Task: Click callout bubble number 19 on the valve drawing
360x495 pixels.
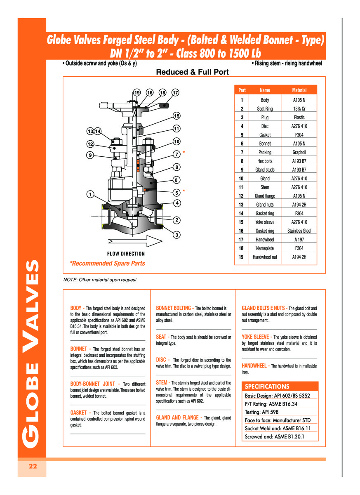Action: pos(137,92)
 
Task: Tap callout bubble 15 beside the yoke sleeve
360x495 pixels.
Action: pos(176,115)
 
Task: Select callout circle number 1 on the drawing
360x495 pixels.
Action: pos(90,193)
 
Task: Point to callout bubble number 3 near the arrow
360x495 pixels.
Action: pos(176,235)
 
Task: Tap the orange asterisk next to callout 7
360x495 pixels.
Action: pos(184,153)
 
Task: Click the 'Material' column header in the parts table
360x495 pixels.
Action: pos(299,90)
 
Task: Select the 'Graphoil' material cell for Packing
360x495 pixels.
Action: pos(299,152)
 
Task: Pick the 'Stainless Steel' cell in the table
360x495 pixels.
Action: pos(299,231)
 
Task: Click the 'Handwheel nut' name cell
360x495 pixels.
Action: pos(265,257)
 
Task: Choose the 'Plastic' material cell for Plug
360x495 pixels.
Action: pos(299,118)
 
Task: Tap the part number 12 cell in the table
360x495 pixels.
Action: pos(242,196)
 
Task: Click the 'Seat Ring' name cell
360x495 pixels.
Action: pos(265,109)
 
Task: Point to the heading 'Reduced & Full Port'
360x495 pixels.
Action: pos(192,72)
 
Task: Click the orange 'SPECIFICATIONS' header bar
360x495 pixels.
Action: pos(280,387)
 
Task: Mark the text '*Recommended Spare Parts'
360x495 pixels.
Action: pos(107,263)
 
